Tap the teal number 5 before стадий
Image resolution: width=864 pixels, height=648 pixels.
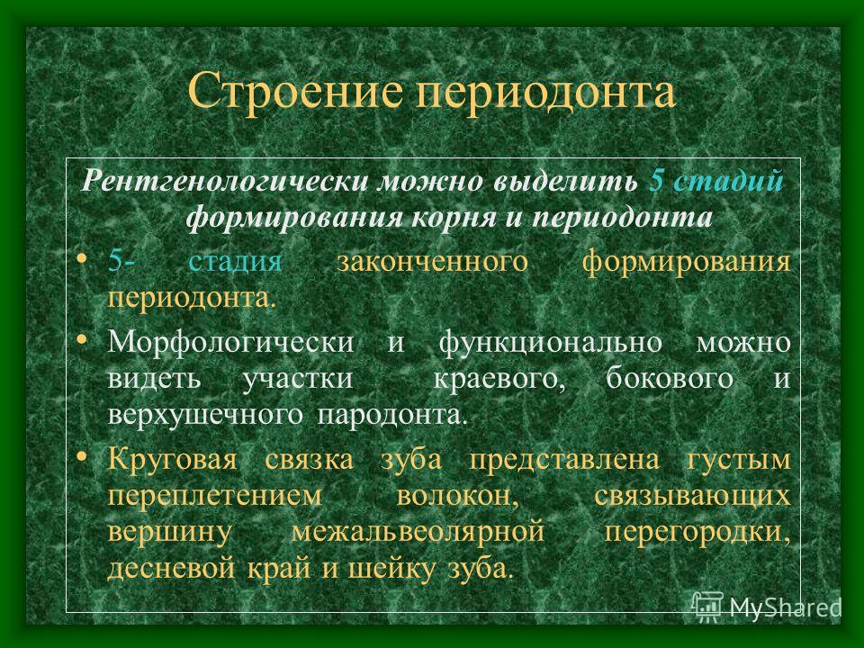tap(656, 180)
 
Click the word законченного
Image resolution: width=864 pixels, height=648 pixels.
tap(432, 260)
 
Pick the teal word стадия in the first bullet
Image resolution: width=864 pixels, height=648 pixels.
tap(235, 260)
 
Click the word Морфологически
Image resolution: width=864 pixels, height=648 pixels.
tap(230, 342)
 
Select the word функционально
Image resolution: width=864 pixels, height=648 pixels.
tap(551, 342)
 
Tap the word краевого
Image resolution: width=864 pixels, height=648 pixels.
tap(499, 379)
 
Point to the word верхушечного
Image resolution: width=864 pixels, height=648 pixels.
tap(205, 415)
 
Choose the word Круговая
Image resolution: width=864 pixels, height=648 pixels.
tap(172, 459)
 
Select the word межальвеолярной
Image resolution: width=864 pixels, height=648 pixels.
tap(418, 532)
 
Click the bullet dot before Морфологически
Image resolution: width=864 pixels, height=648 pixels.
tap(82, 339)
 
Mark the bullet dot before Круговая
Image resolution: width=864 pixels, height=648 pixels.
tap(82, 456)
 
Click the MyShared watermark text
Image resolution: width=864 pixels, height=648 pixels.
tap(785, 607)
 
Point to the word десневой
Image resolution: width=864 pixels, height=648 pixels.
tap(171, 568)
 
